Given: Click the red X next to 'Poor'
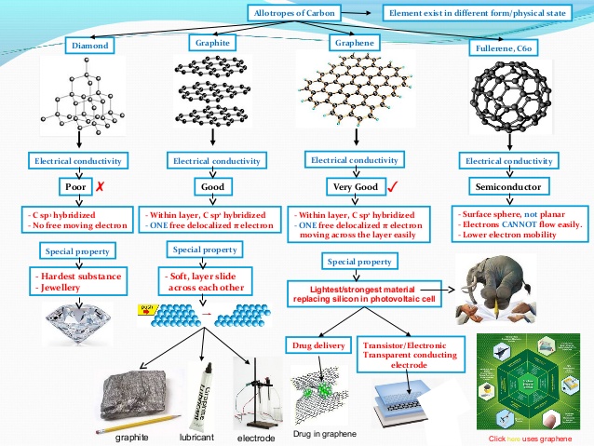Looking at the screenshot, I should coord(100,187).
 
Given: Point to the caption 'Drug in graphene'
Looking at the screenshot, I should coord(324,434).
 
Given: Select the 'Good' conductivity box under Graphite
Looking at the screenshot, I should coord(213,186).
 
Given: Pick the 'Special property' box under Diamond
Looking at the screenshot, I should coord(80,251).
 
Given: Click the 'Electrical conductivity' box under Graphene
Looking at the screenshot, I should coord(353,160).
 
